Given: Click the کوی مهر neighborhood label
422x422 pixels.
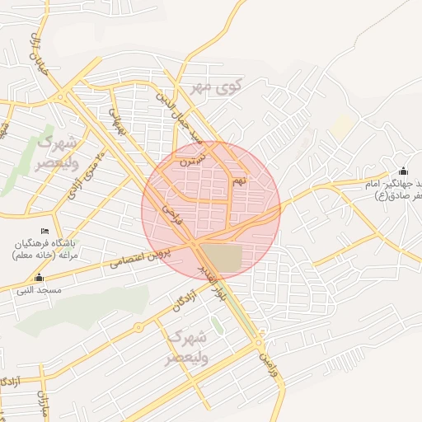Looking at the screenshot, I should click(x=217, y=87).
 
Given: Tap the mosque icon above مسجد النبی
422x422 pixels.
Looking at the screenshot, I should click(x=39, y=277).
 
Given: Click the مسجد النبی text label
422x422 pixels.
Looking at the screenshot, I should click(x=38, y=291).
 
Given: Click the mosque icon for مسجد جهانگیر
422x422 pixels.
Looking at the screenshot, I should click(x=403, y=171).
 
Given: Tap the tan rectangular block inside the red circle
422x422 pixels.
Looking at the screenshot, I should click(x=222, y=258).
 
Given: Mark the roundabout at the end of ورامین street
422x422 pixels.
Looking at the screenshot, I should click(x=259, y=341).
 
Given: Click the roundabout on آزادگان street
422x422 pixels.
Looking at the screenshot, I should click(x=138, y=329).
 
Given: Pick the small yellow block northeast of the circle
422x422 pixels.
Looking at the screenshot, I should click(x=343, y=124).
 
